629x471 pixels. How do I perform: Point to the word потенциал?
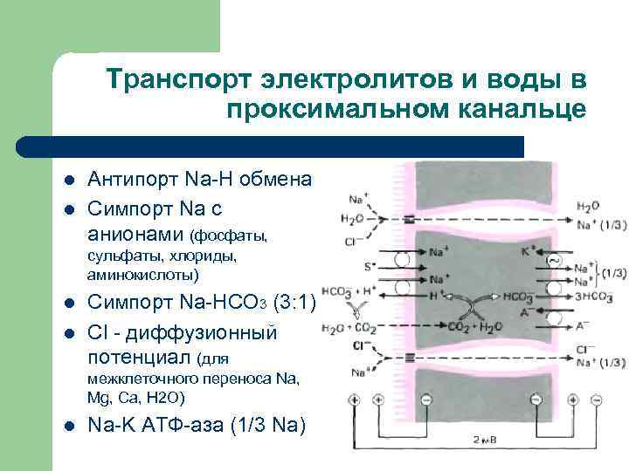point(140,357)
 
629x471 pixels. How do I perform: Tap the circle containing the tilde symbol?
point(552,260)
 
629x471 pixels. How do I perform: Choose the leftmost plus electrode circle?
point(355,399)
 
